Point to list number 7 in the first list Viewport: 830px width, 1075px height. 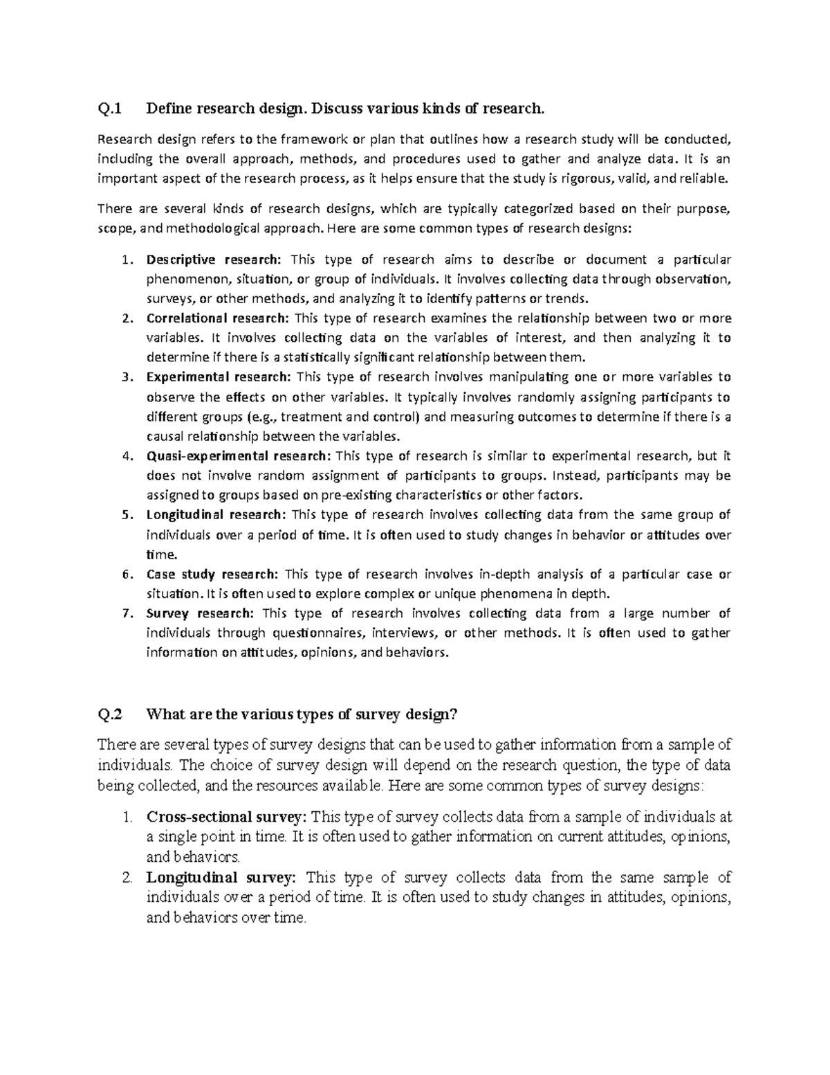click(125, 613)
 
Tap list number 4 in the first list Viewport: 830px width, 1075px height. click(125, 456)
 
